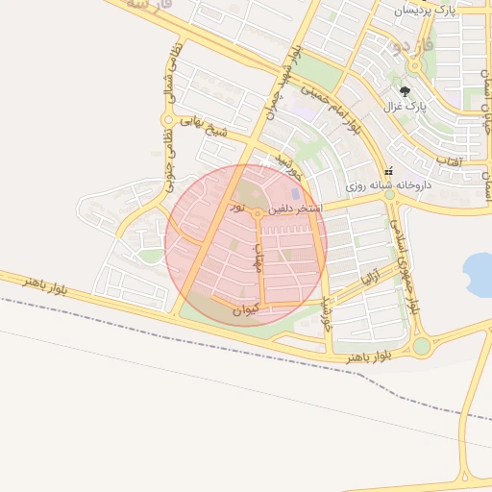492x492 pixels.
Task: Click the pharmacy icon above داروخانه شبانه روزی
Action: coord(388,169)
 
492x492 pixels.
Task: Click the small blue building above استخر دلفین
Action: coord(295,195)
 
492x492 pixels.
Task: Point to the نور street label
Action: coord(237,208)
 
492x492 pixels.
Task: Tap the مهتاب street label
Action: coord(258,257)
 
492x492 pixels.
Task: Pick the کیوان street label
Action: coord(246,309)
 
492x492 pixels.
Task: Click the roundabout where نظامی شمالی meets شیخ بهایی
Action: coord(167,120)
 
